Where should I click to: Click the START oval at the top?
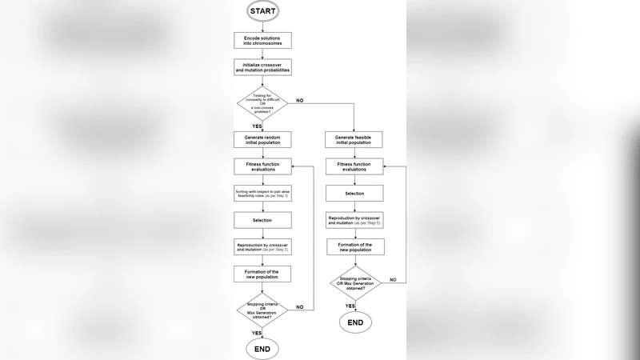[262, 11]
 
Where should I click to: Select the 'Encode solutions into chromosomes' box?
[262, 40]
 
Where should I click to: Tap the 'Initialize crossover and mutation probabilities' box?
[262, 67]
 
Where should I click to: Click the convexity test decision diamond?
[262, 105]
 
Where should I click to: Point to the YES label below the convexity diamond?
[257, 126]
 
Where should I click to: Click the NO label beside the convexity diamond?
[300, 100]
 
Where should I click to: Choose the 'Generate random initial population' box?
[262, 139]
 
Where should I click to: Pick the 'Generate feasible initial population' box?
[354, 139]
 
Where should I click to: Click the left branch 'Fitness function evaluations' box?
[262, 166]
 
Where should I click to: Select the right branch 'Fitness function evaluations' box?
[354, 166]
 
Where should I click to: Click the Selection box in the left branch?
[262, 220]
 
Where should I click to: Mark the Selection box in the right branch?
[354, 193]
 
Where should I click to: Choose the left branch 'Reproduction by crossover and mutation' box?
[262, 247]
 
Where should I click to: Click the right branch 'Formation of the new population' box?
[354, 246]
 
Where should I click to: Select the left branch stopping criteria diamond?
[262, 310]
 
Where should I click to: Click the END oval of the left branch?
[262, 350]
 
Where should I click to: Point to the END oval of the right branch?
[355, 322]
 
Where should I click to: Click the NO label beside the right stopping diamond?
[392, 279]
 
